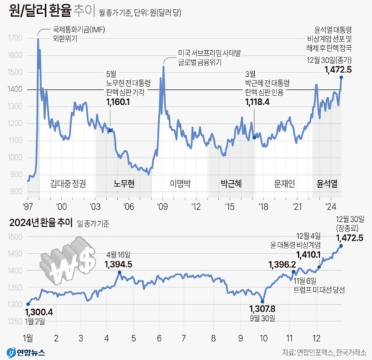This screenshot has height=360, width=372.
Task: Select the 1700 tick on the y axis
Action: click(x=15, y=38)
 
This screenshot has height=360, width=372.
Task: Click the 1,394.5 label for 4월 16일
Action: click(x=119, y=265)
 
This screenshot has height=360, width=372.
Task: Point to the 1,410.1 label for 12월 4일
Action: click(x=308, y=255)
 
